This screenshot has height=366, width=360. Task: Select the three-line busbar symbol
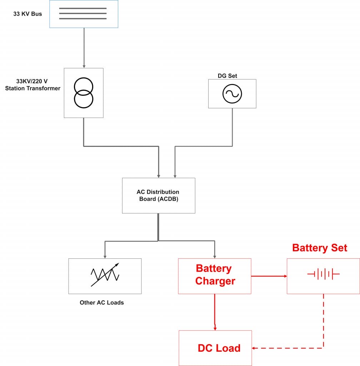[83, 14]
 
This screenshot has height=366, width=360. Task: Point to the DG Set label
[227, 76]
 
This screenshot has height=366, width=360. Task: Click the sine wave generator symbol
[232, 94]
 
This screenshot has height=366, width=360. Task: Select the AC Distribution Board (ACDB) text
[158, 196]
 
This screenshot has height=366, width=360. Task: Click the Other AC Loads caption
[102, 302]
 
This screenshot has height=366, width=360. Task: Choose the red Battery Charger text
[215, 274]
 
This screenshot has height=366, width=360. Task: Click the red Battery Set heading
[319, 248]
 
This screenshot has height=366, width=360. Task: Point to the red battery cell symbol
[323, 274]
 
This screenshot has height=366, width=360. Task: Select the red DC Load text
[219, 348]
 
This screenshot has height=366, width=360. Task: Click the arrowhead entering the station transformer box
[84, 66]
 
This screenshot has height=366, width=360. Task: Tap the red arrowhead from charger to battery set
[285, 276]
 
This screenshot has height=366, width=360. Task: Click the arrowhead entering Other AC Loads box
[105, 256]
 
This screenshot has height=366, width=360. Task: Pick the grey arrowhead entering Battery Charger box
[215, 256]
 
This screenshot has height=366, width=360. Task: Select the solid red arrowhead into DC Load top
[215, 328]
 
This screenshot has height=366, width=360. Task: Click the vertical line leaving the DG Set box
[232, 127]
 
